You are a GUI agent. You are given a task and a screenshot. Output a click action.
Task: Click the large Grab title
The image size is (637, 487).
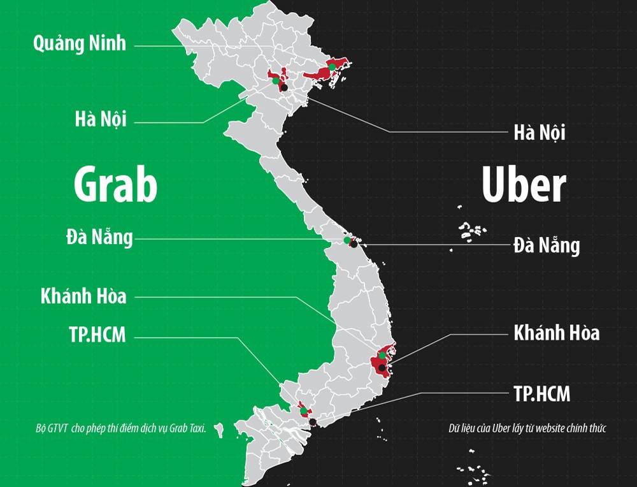[115, 184]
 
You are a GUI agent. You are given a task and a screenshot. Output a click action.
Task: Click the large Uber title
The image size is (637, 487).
[524, 185]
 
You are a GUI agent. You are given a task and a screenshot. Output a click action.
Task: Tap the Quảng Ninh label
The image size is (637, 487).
[80, 43]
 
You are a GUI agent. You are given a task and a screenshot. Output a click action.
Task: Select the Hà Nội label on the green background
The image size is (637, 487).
[100, 119]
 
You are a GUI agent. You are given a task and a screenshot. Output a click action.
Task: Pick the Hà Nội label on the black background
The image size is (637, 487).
[540, 133]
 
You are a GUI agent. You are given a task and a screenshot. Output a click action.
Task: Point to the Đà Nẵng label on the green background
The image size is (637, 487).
[99, 237]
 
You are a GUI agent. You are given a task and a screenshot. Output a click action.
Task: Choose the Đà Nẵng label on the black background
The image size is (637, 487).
[547, 245]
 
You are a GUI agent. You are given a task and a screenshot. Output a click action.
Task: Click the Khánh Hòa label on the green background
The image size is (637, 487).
[83, 296]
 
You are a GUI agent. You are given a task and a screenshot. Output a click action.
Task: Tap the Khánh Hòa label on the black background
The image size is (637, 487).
[556, 332]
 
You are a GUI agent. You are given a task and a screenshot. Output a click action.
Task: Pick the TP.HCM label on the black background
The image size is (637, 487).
[541, 393]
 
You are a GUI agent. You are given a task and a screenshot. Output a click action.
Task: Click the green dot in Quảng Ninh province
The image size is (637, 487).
[332, 66]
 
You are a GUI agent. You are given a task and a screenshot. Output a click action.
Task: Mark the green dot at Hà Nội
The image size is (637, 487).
[275, 81]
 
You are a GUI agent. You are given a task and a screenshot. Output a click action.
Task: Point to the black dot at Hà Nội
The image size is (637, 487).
[285, 87]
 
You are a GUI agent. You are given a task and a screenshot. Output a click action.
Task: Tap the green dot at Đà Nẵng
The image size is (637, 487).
[347, 240]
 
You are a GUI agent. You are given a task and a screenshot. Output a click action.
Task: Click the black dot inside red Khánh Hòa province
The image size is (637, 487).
[381, 368]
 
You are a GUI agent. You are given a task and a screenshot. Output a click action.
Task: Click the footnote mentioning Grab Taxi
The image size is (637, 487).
[121, 428]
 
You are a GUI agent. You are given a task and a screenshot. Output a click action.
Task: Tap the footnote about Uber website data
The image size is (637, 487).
[527, 428]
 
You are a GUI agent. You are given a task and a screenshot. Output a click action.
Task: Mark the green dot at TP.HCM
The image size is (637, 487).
[304, 411]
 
